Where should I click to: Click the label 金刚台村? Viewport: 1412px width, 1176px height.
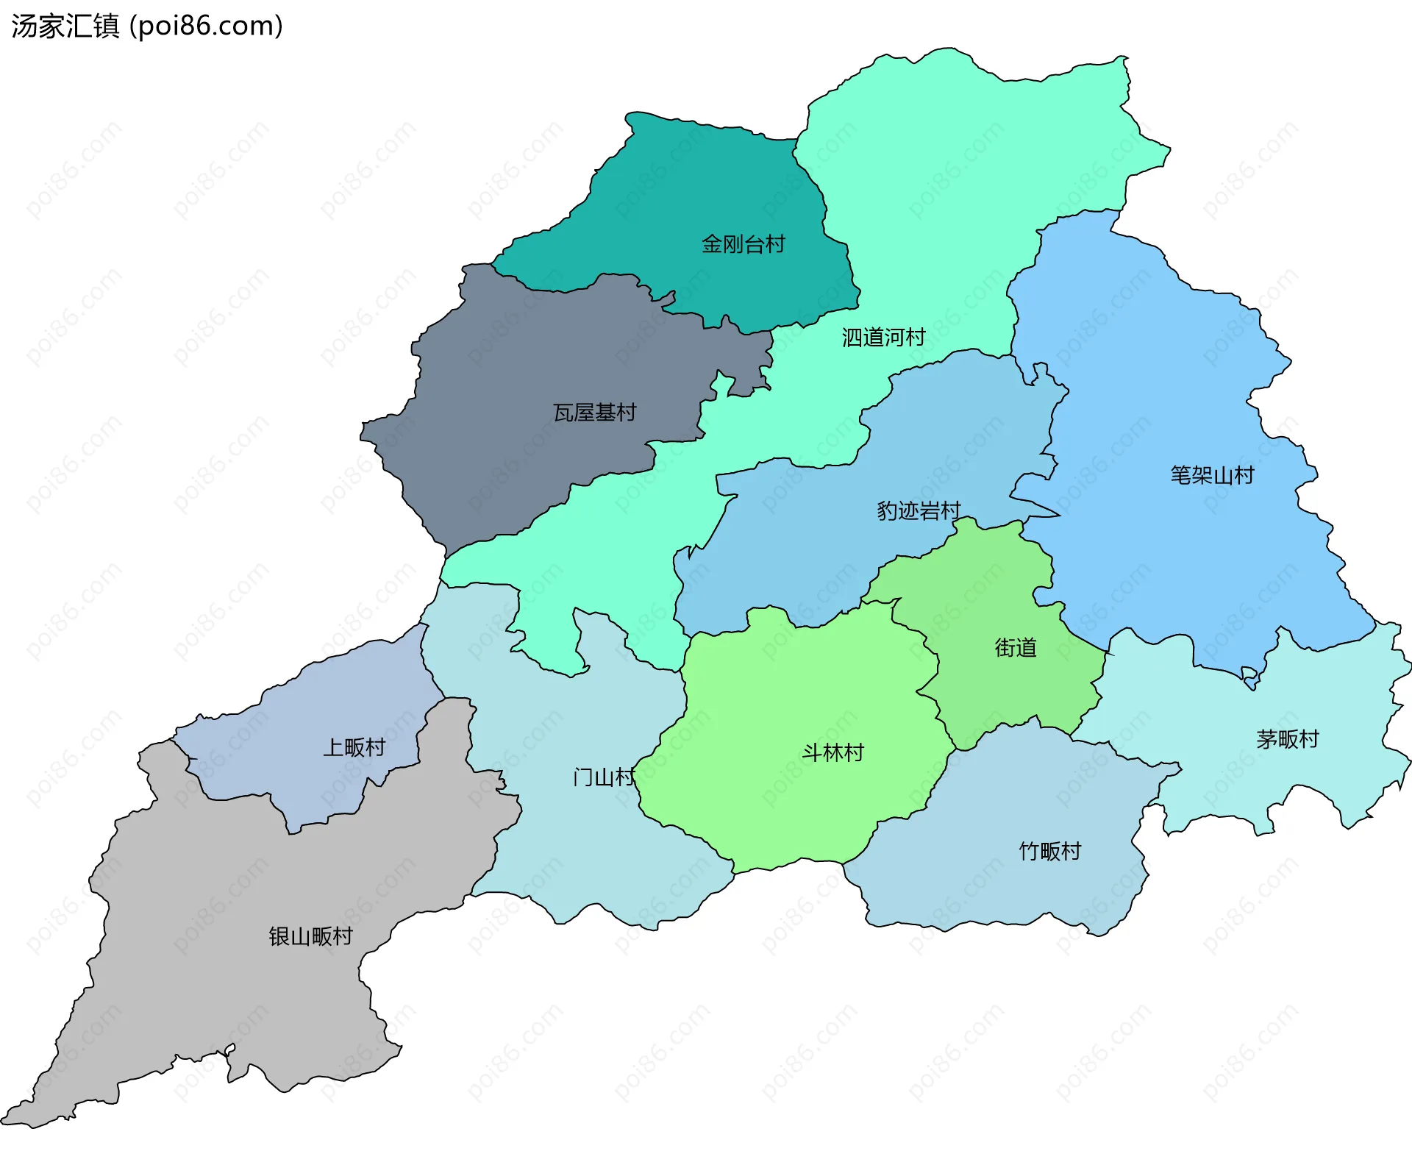click(743, 243)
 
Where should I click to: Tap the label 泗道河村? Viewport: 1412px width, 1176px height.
click(883, 338)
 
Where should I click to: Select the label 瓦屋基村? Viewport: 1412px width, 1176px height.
click(594, 413)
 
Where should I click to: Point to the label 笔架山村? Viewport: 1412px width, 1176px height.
click(1212, 475)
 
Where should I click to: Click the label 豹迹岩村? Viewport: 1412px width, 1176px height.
click(918, 510)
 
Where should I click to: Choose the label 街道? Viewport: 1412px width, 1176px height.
click(1015, 647)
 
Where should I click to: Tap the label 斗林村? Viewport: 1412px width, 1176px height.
click(832, 752)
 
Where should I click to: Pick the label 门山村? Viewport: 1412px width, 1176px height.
click(603, 777)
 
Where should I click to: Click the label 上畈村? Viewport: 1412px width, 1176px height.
click(354, 747)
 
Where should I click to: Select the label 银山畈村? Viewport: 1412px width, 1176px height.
click(310, 936)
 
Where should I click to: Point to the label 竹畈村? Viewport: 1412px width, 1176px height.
click(1049, 851)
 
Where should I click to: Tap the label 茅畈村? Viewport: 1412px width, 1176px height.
click(1287, 738)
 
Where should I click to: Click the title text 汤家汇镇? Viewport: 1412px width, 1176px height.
click(65, 26)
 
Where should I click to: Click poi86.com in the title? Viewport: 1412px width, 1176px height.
click(206, 26)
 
